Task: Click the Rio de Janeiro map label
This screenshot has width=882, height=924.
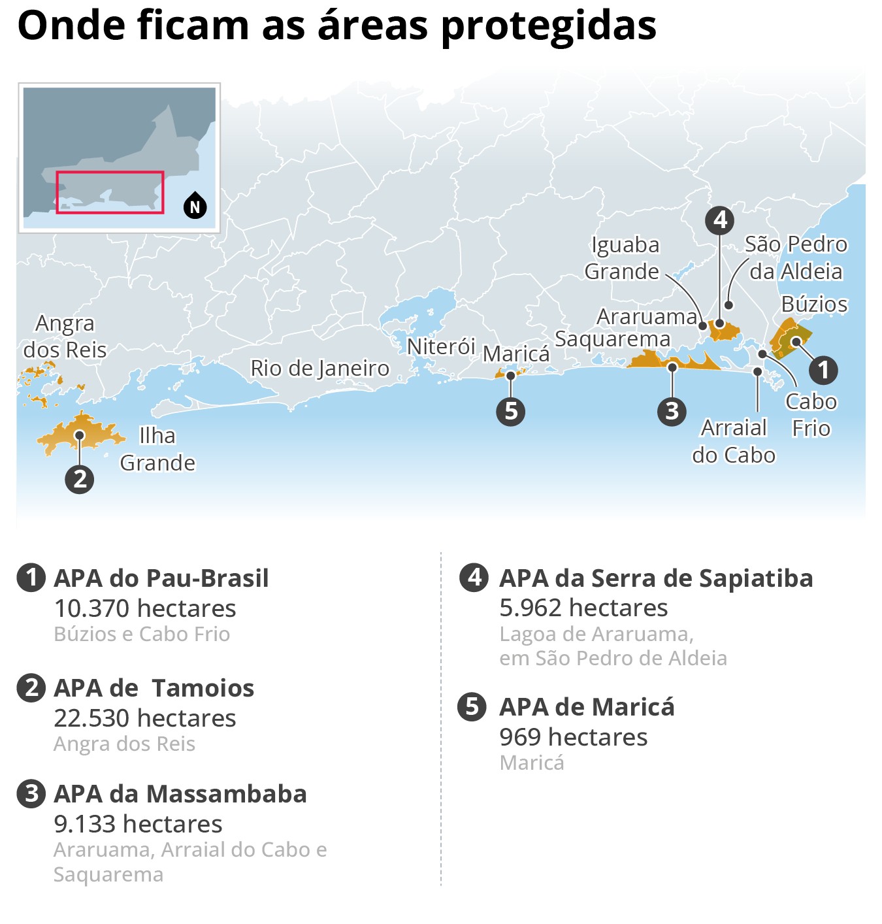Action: (319, 369)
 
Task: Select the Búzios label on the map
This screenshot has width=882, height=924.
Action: (814, 305)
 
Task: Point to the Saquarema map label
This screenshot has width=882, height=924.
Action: (612, 339)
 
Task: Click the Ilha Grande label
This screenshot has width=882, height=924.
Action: (157, 450)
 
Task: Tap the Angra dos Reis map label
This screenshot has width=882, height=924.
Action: (65, 337)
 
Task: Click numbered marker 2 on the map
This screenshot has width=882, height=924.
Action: (80, 479)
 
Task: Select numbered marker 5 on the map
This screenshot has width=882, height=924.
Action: (511, 411)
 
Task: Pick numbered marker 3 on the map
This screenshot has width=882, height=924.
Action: (672, 411)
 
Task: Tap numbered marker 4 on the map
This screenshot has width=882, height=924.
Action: (719, 220)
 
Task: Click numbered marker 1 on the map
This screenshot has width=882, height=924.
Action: (823, 370)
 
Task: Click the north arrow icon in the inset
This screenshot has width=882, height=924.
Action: (195, 206)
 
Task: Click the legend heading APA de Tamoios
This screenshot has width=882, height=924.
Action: (154, 688)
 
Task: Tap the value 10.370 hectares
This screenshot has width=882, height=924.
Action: (144, 608)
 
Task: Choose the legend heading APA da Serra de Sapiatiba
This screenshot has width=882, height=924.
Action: (656, 578)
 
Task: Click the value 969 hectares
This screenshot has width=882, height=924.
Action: (573, 737)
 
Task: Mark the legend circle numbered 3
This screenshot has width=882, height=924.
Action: (31, 794)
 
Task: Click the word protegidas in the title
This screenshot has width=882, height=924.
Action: (549, 26)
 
